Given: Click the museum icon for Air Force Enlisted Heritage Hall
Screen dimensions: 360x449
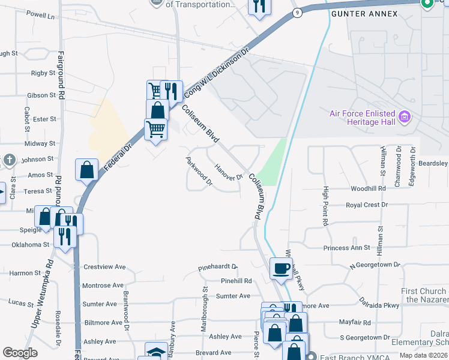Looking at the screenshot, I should click(404, 116).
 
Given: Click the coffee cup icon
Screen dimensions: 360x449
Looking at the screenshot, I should click(280, 268).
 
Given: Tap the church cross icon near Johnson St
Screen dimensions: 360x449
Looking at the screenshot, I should click(9, 160).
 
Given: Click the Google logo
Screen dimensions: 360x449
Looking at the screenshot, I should click(20, 353).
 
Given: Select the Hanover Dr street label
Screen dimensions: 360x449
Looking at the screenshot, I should click(228, 173).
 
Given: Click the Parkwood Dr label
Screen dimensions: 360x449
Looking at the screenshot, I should click(199, 172).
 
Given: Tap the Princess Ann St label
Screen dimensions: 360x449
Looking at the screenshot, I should click(346, 248).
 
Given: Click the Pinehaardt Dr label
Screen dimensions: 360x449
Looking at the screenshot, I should click(218, 266).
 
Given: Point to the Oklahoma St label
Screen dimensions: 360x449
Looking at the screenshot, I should click(29, 245).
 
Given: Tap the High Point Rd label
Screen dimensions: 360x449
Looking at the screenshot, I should click(325, 206).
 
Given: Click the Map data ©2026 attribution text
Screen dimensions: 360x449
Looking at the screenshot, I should click(424, 355).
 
